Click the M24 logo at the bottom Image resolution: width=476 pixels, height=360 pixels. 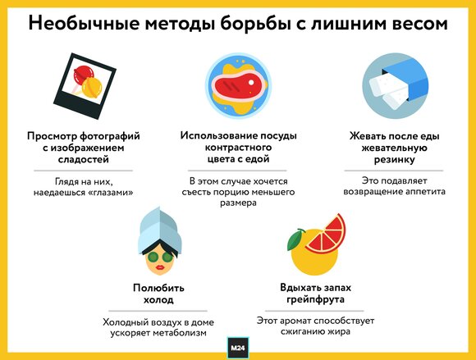click(238, 348)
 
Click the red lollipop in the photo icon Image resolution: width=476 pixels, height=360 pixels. click(83, 75)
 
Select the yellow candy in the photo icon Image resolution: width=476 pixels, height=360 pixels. click(92, 88)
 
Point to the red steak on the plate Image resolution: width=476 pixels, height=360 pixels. click(239, 84)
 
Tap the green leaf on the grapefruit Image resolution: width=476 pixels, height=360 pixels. click(295, 239)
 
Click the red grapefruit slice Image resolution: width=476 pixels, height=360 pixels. click(327, 235)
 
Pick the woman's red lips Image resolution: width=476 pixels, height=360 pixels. click(160, 267)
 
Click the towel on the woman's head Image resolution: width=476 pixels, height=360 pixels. click(160, 230)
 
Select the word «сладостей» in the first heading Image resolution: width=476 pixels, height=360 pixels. click(84, 160)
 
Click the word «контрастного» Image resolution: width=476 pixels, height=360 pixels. click(238, 148)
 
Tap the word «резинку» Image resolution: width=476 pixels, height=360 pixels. click(394, 160)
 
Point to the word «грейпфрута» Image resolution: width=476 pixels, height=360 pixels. click(315, 299)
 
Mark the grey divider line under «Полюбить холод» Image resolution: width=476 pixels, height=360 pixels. click(158, 311)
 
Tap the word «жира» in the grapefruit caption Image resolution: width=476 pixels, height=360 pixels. click(339, 332)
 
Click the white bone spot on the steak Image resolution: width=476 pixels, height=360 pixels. click(251, 82)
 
